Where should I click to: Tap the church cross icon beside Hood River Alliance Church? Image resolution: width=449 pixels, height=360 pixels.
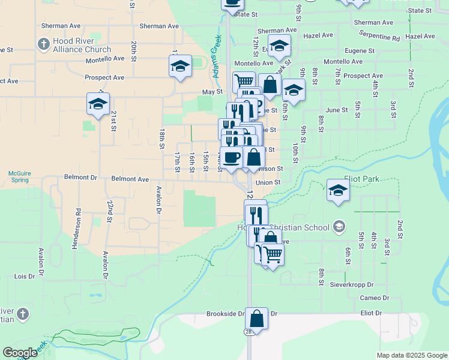pos(43,44)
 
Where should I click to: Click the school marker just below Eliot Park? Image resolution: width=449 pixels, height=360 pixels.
pos(339,191)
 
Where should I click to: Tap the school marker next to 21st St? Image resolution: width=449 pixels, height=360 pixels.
pos(98,104)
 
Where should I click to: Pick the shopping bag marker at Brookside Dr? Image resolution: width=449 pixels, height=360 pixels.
pos(256,319)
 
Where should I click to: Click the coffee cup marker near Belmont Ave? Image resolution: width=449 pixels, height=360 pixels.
pos(232,158)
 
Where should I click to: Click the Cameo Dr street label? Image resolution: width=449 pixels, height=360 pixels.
pos(375,298)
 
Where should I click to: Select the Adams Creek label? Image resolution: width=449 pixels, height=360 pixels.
pos(216,53)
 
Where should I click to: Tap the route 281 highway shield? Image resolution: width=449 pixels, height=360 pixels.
pos(248,331)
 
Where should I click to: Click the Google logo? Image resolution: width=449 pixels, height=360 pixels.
pos(20,353)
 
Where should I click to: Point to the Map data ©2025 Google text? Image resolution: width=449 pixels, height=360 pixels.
pos(411,355)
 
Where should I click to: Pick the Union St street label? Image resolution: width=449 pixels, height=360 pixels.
pos(268,182)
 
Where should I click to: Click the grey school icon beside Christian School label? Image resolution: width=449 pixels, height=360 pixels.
pos(339,227)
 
